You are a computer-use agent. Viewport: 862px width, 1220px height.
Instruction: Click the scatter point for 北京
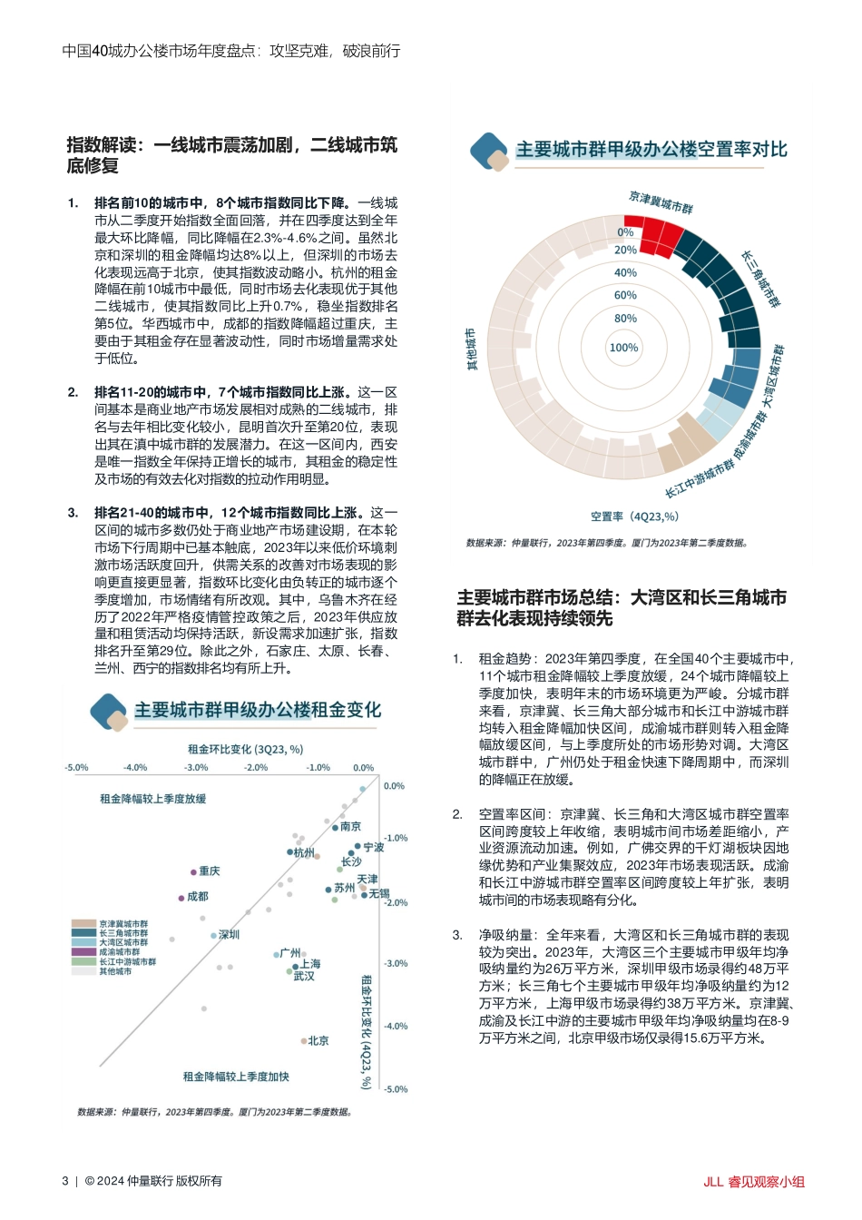304,1041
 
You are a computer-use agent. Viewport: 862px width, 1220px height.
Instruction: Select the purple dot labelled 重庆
194,871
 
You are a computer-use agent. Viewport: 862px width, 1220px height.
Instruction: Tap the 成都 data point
181,897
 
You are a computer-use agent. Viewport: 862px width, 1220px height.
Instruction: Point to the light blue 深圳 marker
214,935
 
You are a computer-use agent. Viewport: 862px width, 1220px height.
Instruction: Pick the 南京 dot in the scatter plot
335,827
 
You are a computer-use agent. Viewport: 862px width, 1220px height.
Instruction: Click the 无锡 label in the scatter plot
378,894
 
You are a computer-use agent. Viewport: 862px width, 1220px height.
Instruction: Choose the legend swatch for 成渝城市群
84,952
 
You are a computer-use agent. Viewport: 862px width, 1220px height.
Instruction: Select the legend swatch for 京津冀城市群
84,924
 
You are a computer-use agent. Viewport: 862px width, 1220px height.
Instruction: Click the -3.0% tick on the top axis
196,768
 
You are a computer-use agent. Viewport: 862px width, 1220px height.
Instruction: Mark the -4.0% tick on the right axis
396,1027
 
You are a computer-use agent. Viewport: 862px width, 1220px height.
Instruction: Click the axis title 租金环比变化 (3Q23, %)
245,750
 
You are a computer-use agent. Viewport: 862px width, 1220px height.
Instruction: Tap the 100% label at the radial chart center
623,348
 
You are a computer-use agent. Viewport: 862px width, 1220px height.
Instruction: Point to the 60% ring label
625,296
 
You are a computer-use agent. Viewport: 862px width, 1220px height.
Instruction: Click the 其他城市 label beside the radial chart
471,349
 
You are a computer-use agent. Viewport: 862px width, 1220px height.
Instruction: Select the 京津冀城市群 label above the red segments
661,202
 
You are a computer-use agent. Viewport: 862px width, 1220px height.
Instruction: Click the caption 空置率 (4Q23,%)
634,517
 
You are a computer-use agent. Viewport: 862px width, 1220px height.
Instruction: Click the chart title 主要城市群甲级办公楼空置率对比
651,150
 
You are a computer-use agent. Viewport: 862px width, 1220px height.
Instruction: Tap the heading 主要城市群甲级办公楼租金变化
258,711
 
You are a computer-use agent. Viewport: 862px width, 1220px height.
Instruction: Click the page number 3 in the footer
65,1181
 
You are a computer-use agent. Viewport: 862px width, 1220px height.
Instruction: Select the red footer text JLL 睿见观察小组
753,1182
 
